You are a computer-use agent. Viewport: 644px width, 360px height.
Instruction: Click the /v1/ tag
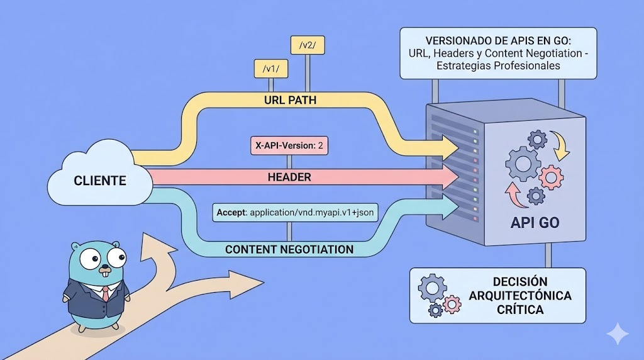(270, 68)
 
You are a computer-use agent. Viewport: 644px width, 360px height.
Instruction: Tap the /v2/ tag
(307, 45)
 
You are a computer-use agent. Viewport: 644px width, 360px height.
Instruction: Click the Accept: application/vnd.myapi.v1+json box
(294, 213)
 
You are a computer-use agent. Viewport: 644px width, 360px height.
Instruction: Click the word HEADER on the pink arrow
(289, 178)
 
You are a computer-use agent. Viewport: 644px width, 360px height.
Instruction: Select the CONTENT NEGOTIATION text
(289, 249)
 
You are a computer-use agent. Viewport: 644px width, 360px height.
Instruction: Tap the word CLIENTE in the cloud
(100, 181)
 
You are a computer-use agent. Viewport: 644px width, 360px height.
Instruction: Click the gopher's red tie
(106, 293)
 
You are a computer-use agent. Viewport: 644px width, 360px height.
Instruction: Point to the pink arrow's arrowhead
(448, 177)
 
